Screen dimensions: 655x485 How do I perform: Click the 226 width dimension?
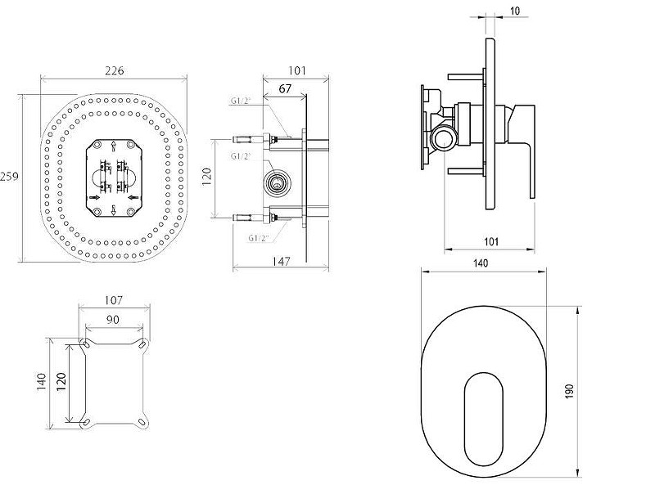click(x=114, y=71)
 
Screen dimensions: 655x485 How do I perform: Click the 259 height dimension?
click(x=9, y=177)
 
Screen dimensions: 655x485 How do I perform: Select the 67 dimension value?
click(x=284, y=89)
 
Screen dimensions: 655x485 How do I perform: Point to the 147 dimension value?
click(x=281, y=261)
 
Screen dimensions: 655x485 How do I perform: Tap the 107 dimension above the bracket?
click(x=113, y=300)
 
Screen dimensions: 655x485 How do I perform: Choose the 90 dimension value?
click(x=112, y=320)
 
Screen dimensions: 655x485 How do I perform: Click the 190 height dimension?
click(x=570, y=391)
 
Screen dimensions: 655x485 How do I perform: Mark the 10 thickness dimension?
click(x=515, y=11)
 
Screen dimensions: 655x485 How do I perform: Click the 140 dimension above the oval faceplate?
click(x=481, y=263)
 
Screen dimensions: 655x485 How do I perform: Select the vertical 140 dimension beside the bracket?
click(x=41, y=382)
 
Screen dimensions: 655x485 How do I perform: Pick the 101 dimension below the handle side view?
click(x=491, y=241)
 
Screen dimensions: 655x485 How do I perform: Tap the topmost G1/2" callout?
click(x=241, y=101)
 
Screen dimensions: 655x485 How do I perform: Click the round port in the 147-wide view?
click(x=276, y=182)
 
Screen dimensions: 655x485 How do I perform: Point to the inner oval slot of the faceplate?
click(x=483, y=419)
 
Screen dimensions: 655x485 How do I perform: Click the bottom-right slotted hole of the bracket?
click(x=142, y=422)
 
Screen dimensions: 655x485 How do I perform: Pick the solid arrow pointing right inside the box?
click(x=95, y=197)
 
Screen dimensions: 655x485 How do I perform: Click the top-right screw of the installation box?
click(x=130, y=145)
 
